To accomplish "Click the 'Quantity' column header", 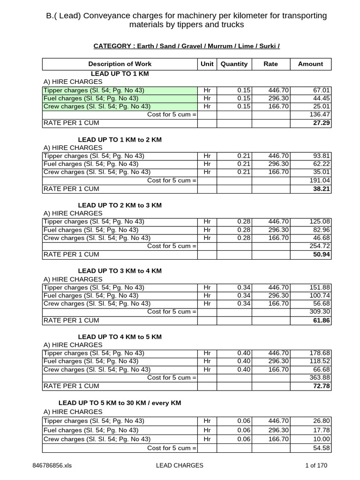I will pos(233,64).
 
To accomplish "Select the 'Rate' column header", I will pos(270,64).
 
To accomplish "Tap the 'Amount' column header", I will pos(310,64).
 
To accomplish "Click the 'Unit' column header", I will pos(207,64).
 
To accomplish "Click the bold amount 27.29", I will pos(322,123).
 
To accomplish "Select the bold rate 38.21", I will pos(322,188).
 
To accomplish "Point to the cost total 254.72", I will pos(320,246).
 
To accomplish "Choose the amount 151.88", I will pos(320,287).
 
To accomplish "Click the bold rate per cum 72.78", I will pos(322,386).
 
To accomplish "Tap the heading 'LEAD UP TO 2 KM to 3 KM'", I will pos(120,205).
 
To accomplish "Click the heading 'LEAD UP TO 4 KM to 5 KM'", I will pos(120,337).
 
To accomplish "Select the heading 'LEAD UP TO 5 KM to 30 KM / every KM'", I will pos(120,403).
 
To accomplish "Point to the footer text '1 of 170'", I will pos(316,465).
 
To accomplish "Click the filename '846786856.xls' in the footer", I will pos(52,465).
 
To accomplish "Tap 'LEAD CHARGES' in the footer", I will pos(180,465).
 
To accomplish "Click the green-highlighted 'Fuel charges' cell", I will pos(120,98).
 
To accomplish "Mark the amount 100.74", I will pos(320,295).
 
